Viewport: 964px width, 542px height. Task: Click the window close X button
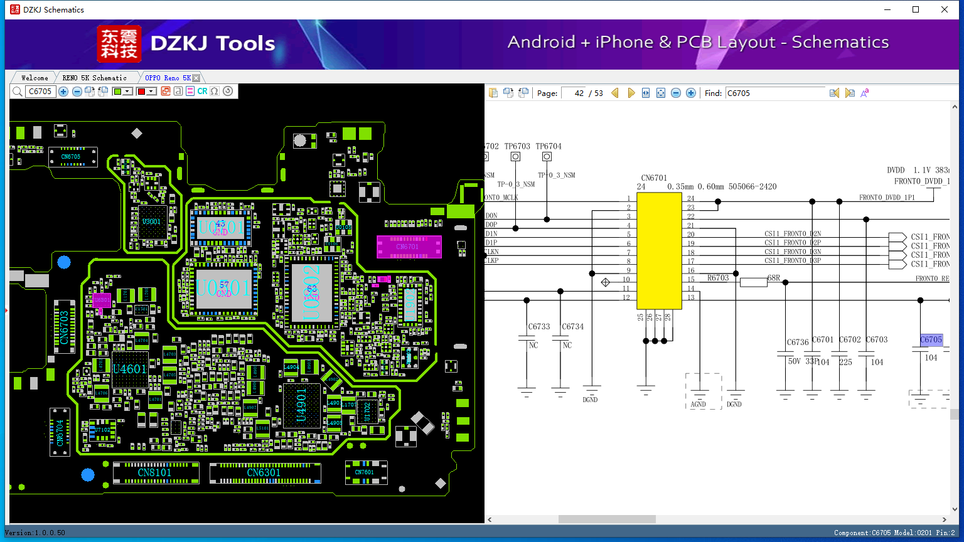pos(944,9)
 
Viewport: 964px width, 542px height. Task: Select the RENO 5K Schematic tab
pos(94,78)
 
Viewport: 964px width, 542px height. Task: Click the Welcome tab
pos(35,78)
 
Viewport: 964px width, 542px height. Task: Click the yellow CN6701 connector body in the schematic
pos(659,251)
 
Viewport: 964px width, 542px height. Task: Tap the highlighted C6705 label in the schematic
pos(931,340)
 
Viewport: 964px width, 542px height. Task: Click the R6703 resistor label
pos(718,278)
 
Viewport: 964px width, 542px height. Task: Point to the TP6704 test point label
pos(549,146)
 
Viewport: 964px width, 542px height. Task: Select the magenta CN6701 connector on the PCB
pos(409,247)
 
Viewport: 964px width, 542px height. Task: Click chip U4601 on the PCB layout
pos(130,369)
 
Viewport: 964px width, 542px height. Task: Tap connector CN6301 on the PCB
pos(264,472)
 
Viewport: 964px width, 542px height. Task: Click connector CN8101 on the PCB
pos(154,472)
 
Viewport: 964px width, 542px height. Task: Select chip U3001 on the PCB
pos(151,222)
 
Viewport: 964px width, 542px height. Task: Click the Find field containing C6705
pos(774,93)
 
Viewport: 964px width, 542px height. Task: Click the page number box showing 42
pos(574,93)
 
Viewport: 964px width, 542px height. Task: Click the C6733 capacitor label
pos(538,326)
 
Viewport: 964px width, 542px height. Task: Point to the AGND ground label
pos(698,405)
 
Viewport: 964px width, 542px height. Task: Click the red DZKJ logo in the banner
pos(119,44)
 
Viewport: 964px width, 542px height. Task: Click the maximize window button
pos(916,9)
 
